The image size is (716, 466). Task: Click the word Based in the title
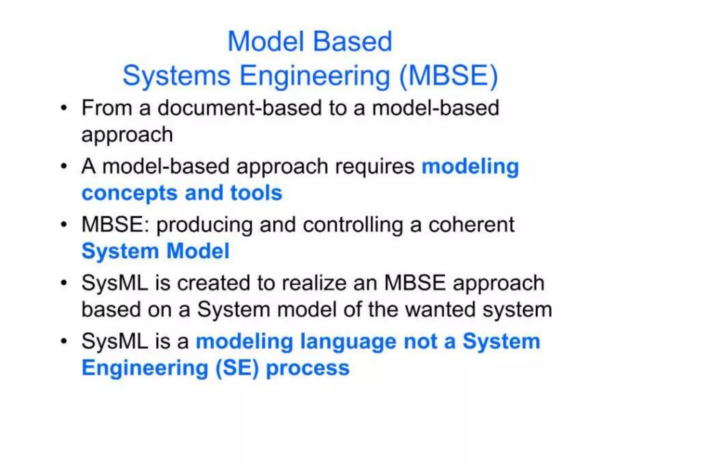pyautogui.click(x=352, y=42)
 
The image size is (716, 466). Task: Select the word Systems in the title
pyautogui.click(x=176, y=76)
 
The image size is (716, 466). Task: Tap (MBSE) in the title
pyautogui.click(x=449, y=76)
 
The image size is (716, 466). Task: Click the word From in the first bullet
pyautogui.click(x=107, y=108)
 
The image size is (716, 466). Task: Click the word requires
pyautogui.click(x=374, y=166)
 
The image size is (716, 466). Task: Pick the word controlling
pyautogui.click(x=353, y=225)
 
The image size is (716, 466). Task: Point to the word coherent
pyautogui.click(x=471, y=224)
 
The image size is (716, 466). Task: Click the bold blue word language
pyautogui.click(x=348, y=342)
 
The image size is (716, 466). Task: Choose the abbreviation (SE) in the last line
pyautogui.click(x=237, y=368)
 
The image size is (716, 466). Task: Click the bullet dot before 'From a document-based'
pyautogui.click(x=64, y=108)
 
